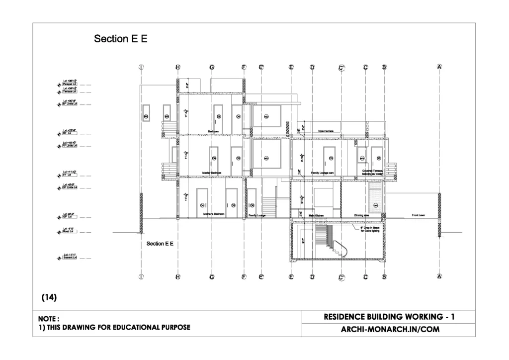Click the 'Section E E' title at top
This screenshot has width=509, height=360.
point(121,39)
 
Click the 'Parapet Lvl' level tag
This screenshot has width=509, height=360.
point(70,85)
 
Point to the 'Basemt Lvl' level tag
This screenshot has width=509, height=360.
point(70,258)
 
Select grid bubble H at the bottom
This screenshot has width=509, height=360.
point(178,276)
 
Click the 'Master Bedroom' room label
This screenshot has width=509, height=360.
point(212,173)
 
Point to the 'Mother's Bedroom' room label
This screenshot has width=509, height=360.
point(214,214)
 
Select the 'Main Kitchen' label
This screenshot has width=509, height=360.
point(316,215)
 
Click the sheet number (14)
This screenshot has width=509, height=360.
point(49,297)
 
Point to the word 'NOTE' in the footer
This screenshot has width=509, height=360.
point(48,319)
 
